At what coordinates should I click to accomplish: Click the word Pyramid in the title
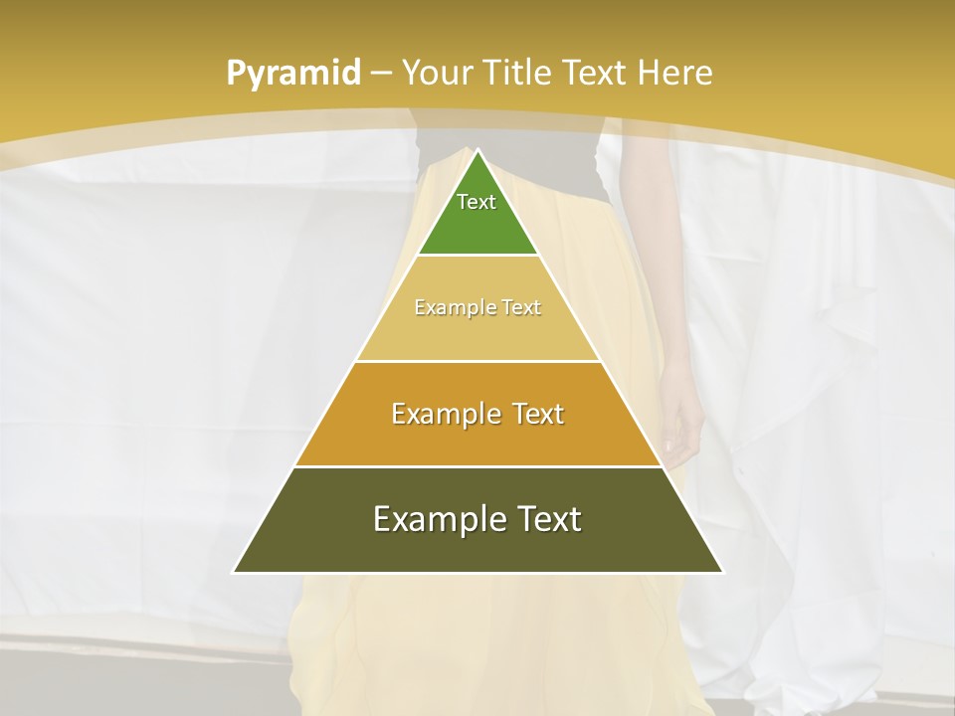(292, 74)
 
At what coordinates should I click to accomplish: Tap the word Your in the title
(437, 74)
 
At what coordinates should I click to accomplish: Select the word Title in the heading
(518, 74)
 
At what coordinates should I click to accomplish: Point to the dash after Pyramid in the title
(380, 74)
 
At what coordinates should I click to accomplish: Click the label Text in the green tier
(477, 202)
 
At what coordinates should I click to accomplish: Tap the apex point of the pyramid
(477, 151)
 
